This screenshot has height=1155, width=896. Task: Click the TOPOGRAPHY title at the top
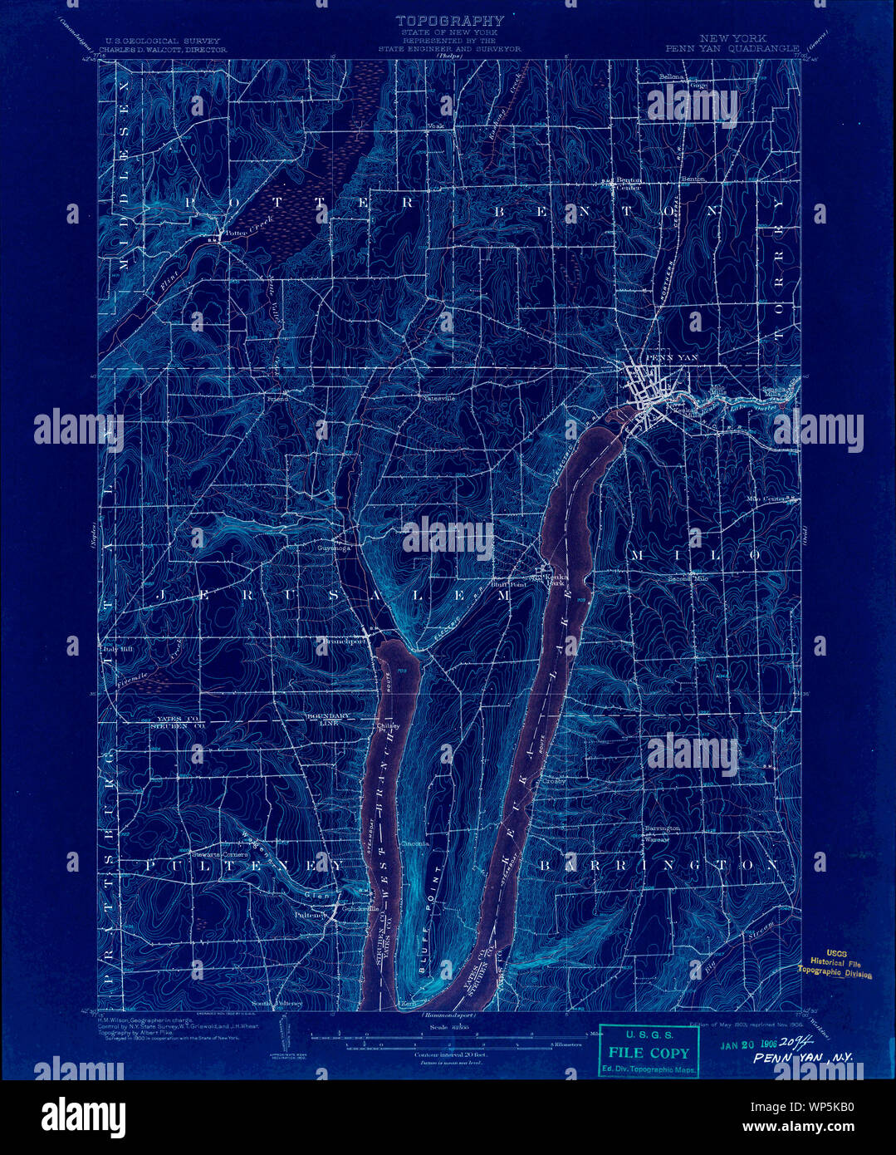tap(449, 20)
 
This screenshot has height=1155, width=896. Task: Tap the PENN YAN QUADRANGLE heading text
tap(732, 48)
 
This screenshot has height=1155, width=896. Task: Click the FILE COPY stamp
tap(649, 1053)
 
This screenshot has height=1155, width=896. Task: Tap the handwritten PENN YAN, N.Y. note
tap(804, 1058)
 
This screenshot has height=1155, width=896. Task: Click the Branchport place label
tap(344, 641)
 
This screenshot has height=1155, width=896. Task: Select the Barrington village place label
tap(662, 828)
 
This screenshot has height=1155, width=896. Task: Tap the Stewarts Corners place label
tap(214, 854)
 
